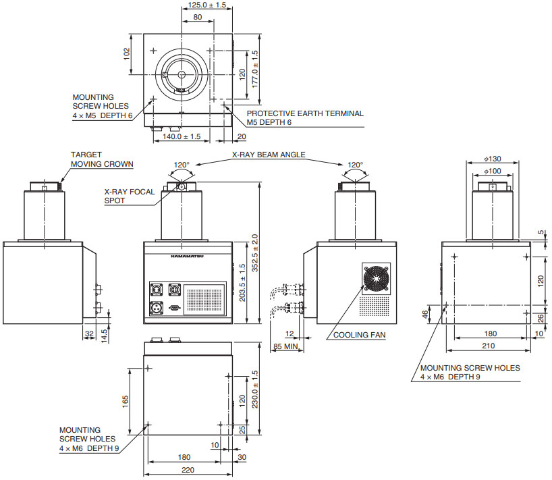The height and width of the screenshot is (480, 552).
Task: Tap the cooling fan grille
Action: pos(377,277)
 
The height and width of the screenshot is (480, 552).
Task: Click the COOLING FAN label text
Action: pos(359,335)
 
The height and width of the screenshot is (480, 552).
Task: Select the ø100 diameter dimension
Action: pos(493,171)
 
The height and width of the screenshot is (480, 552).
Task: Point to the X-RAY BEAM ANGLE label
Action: pos(269,155)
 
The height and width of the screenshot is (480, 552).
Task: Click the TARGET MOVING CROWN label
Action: pos(102,159)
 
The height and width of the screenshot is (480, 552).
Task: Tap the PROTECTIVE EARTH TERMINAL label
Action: pos(304,117)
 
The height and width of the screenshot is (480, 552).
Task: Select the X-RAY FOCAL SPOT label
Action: pos(130,196)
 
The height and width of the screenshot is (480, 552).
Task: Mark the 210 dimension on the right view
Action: pos(490,346)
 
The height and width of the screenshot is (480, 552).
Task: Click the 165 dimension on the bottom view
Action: pos(125,400)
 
